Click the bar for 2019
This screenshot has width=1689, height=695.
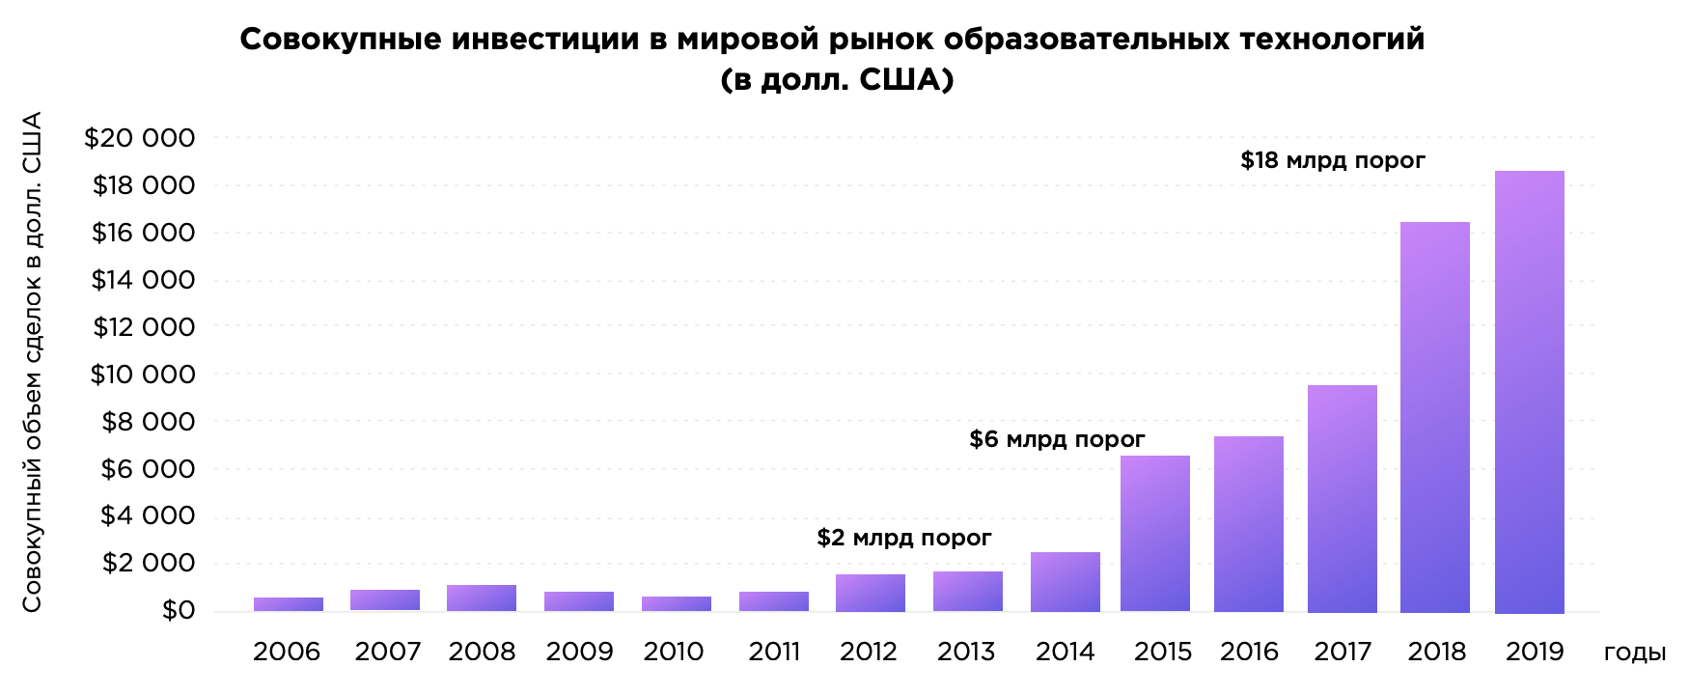pyautogui.click(x=1529, y=392)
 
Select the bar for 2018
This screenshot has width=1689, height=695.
pyautogui.click(x=1434, y=417)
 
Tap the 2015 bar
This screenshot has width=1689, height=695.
pyautogui.click(x=1154, y=533)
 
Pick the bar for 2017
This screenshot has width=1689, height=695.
pyautogui.click(x=1342, y=498)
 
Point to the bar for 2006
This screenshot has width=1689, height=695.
pyautogui.click(x=289, y=604)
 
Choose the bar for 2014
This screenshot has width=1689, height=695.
pyautogui.click(x=1065, y=582)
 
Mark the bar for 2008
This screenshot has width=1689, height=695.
pyautogui.click(x=481, y=598)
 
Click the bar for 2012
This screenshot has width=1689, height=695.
pyautogui.click(x=870, y=593)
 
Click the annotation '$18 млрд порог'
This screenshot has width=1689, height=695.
pyautogui.click(x=1332, y=160)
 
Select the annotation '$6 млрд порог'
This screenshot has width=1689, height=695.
pyautogui.click(x=1057, y=440)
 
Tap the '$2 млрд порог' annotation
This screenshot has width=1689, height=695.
pyautogui.click(x=903, y=538)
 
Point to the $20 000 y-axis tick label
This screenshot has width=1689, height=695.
pyautogui.click(x=140, y=138)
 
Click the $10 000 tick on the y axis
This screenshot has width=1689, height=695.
pyautogui.click(x=142, y=375)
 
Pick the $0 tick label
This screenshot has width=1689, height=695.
pyautogui.click(x=178, y=610)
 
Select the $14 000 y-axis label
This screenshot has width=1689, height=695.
pyautogui.click(x=143, y=280)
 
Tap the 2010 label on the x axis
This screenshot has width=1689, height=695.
pyautogui.click(x=674, y=652)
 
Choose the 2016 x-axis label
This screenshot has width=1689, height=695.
pyautogui.click(x=1248, y=652)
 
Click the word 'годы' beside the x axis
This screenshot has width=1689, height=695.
pyautogui.click(x=1634, y=652)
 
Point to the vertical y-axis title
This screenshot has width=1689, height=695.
pyautogui.click(x=32, y=362)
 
